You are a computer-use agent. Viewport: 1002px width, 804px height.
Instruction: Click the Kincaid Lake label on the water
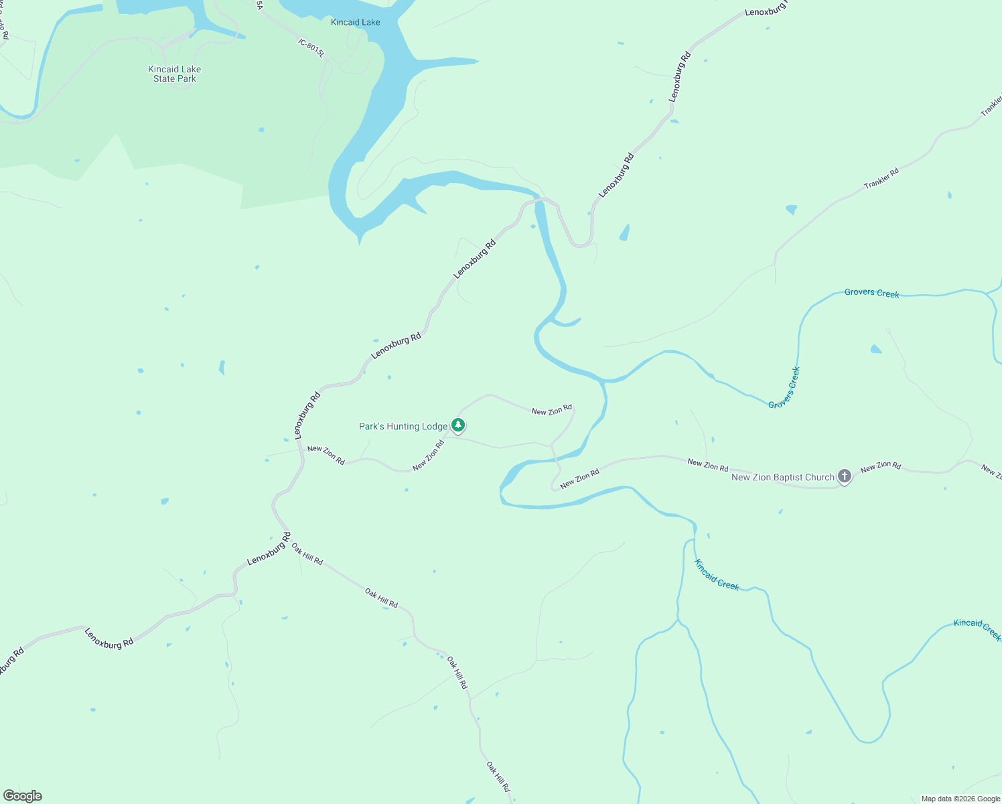[x=355, y=22]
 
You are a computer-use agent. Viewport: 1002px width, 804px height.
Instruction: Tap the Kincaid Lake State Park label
[x=174, y=74]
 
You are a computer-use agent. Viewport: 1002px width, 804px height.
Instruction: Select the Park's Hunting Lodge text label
[x=403, y=426]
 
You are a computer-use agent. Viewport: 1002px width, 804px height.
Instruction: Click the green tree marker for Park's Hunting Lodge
[x=458, y=425]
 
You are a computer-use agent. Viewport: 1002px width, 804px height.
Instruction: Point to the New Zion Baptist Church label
[x=783, y=477]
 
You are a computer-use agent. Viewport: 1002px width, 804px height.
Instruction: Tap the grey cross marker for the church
[x=845, y=476]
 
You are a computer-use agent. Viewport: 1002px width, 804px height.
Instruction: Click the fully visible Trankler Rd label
[x=881, y=178]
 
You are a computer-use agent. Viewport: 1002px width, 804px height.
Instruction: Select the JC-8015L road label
[x=311, y=48]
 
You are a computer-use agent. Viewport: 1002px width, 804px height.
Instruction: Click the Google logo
[x=23, y=796]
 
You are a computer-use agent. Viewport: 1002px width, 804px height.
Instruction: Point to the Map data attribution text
[x=960, y=799]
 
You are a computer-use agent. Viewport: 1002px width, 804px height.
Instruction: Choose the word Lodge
[x=435, y=426]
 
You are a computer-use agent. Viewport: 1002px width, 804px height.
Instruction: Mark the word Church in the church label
[x=820, y=477]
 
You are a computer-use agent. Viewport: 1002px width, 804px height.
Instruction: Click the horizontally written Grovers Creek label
[x=871, y=293]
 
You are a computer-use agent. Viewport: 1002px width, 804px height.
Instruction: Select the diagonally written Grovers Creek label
[x=784, y=388]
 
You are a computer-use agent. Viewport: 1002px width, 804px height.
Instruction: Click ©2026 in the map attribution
[x=965, y=799]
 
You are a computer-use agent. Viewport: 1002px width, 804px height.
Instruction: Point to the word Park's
[x=372, y=426]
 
